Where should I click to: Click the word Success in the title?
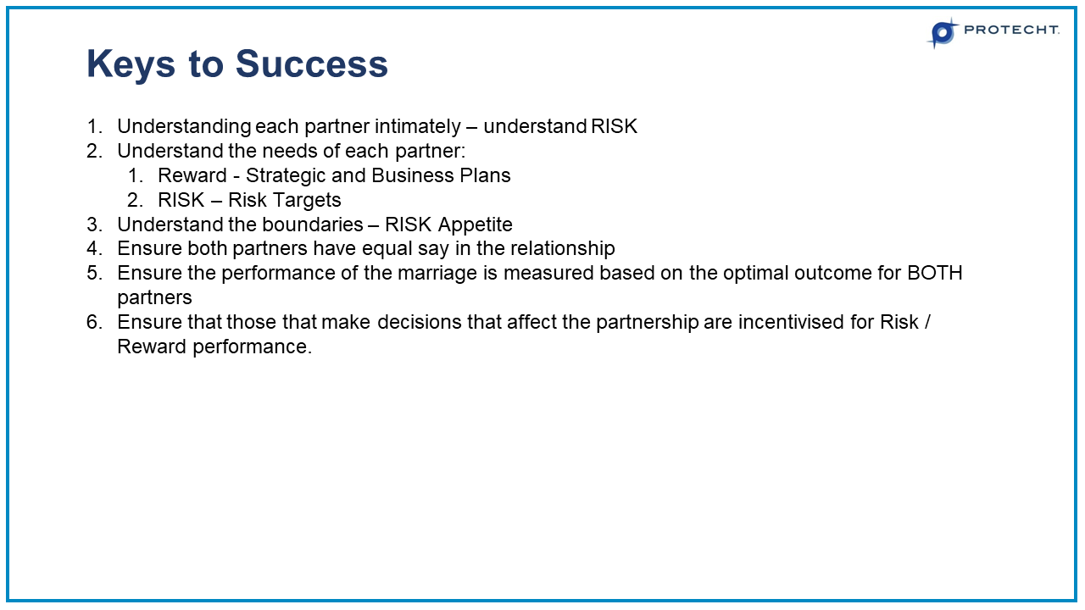(x=311, y=64)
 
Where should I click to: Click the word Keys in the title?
(x=131, y=64)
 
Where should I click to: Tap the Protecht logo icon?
(x=943, y=33)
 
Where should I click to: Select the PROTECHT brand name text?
(x=1011, y=30)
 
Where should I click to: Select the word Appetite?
(x=476, y=225)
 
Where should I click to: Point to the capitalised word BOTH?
(x=935, y=273)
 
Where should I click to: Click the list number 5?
(x=94, y=273)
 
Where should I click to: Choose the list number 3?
(x=94, y=225)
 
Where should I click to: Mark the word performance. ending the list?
(x=253, y=347)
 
